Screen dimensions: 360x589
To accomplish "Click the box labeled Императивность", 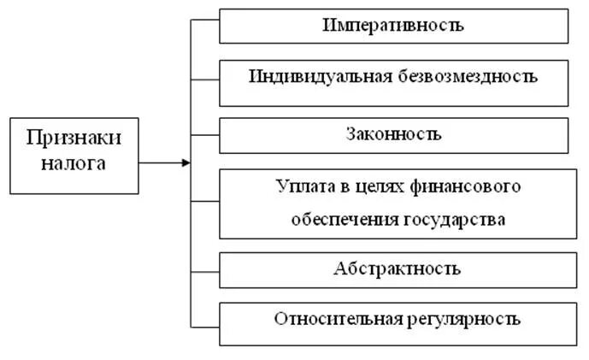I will coord(393,25).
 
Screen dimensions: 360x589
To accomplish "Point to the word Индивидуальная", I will coord(321,76).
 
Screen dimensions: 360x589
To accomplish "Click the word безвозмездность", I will coord(468,76).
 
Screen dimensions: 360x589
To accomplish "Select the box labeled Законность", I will coord(393,134).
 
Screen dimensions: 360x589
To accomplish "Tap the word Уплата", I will coord(299,186).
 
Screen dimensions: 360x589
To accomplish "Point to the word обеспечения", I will coord(339,218).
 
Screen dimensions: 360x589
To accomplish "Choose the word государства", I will coord(454,218).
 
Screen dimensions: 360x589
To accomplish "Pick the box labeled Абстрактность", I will coord(393,269).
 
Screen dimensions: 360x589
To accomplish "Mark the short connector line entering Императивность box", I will coord(204,25).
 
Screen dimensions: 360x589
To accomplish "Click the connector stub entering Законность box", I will coord(204,135).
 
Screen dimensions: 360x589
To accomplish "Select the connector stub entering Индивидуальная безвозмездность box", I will coord(204,81).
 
